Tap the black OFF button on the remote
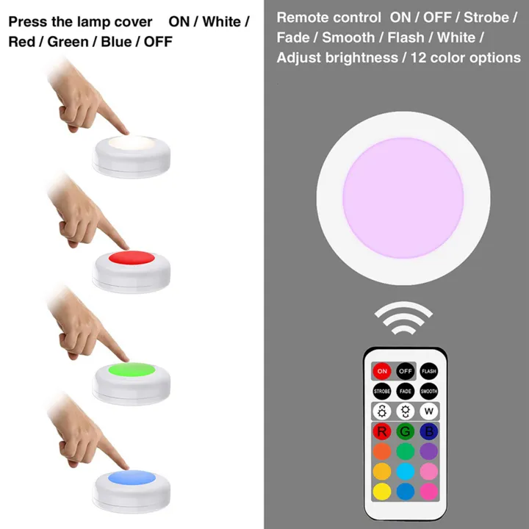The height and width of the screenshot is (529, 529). [406, 371]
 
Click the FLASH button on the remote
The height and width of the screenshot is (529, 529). [429, 371]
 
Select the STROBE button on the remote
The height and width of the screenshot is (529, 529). [382, 392]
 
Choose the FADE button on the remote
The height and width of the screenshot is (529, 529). [406, 392]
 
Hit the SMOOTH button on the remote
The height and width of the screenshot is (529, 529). [429, 392]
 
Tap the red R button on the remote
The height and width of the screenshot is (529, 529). [382, 431]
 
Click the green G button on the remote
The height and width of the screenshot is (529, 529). [406, 431]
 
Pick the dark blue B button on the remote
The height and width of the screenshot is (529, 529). [429, 431]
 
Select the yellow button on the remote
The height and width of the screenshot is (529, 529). [382, 489]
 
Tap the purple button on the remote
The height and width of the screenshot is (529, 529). [429, 450]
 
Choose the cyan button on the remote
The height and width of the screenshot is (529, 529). [406, 470]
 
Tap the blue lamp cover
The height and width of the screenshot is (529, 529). [132, 478]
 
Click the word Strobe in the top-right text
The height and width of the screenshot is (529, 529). [489, 17]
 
